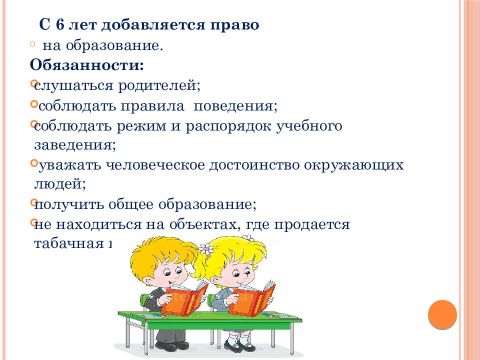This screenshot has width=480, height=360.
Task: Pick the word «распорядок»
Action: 229,126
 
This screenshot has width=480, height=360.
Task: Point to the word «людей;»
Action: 60,184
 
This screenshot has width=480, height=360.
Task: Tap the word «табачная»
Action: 68,243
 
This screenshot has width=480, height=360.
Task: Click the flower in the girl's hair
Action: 205,248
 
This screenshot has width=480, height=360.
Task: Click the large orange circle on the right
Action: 442,314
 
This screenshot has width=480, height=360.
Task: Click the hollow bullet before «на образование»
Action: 32,44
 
